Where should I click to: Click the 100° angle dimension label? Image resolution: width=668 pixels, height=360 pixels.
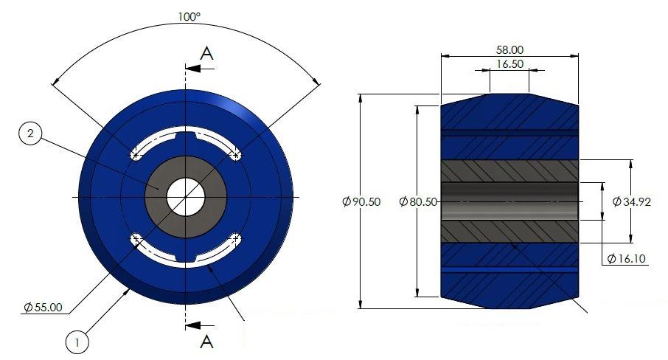(x=188, y=15)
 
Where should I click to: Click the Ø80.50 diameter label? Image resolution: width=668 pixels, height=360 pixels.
(x=418, y=201)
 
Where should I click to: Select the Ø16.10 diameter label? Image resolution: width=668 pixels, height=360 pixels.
(x=626, y=258)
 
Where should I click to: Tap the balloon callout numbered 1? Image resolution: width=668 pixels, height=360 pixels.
(x=77, y=342)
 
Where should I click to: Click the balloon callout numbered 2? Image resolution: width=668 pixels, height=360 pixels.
(x=30, y=134)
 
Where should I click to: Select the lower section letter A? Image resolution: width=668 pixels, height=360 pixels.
(x=207, y=341)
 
